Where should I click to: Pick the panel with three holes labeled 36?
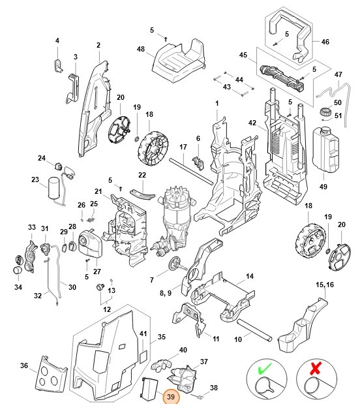[50, 375]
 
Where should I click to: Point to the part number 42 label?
[252, 123]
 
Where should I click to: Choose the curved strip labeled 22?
[142, 194]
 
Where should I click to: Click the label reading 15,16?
[325, 285]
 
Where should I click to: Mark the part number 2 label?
[98, 45]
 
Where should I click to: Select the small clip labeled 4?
[57, 64]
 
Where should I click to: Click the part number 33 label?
[31, 227]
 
